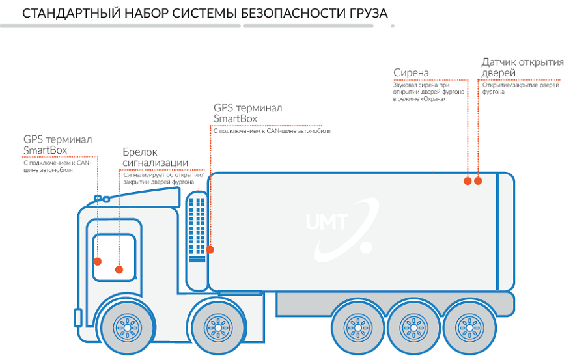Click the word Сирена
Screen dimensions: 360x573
click(411, 72)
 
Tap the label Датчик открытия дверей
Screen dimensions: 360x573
click(522, 68)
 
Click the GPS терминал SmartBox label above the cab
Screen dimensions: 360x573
click(57, 145)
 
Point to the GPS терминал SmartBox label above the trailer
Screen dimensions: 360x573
click(247, 113)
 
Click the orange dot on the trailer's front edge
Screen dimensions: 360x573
click(210, 249)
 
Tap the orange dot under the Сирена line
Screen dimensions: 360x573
click(467, 181)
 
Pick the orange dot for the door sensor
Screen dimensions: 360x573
click(478, 181)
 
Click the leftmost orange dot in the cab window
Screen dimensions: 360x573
click(98, 261)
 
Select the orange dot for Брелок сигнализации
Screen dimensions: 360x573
click(119, 269)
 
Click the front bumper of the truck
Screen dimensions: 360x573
click(78, 317)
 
